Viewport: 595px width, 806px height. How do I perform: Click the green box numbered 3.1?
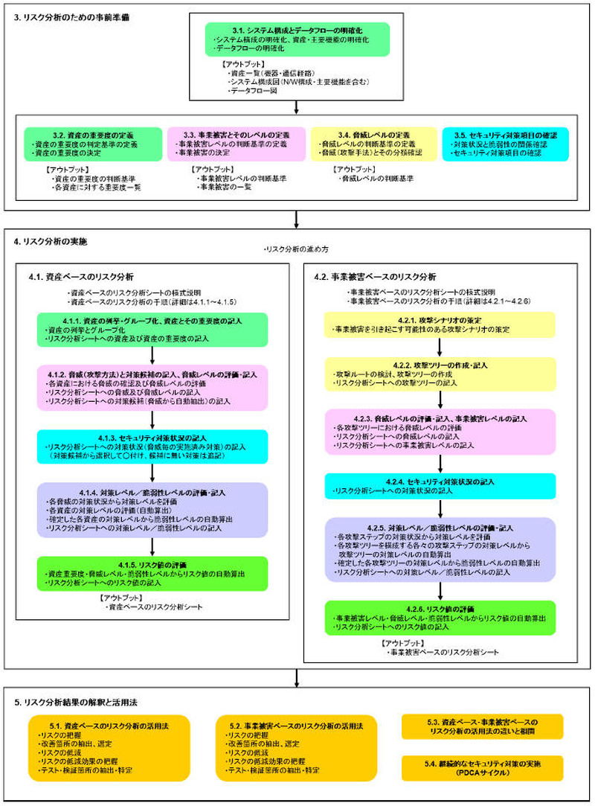(297, 39)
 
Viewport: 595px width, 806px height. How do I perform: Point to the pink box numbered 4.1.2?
(152, 386)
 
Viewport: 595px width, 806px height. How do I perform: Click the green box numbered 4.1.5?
(152, 572)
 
